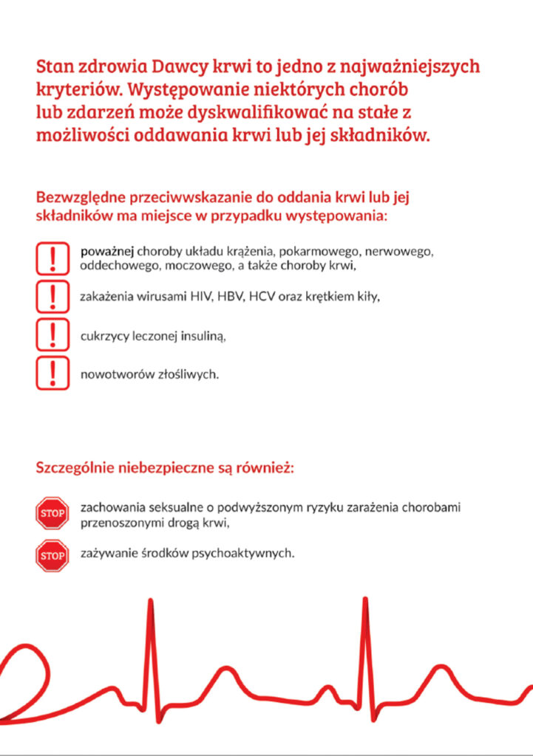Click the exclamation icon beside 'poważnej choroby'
52,258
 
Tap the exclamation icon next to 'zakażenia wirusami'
52,296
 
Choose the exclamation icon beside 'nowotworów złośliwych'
52,373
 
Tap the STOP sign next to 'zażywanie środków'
52,555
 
